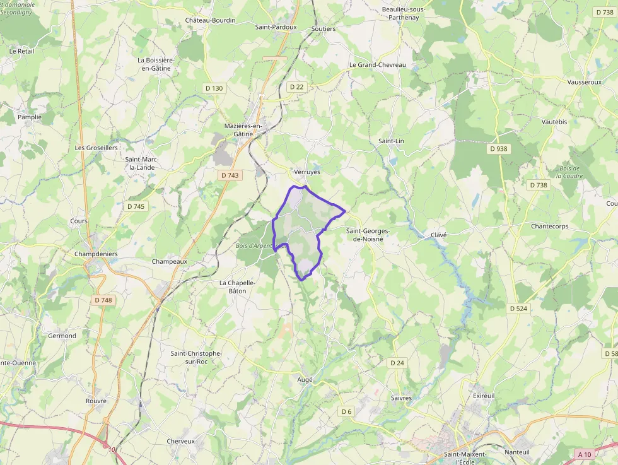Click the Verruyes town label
pos(307,172)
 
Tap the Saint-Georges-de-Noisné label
pos(368,235)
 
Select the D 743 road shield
pos(230,175)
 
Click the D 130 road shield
pos(214,88)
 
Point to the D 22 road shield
pos(296,86)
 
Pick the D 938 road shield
pos(498,149)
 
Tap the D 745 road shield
pos(136,206)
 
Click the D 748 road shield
pos(102,300)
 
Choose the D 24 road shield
pos(397,363)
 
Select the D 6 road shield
pos(346,411)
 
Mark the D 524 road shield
pos(518,309)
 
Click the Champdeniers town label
pos(96,254)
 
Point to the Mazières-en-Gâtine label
pos(243,130)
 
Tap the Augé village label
pos(305,380)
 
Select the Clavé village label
pos(438,235)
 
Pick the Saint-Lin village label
pos(391,141)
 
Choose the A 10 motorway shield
pos(584,454)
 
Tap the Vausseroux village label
pos(583,83)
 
